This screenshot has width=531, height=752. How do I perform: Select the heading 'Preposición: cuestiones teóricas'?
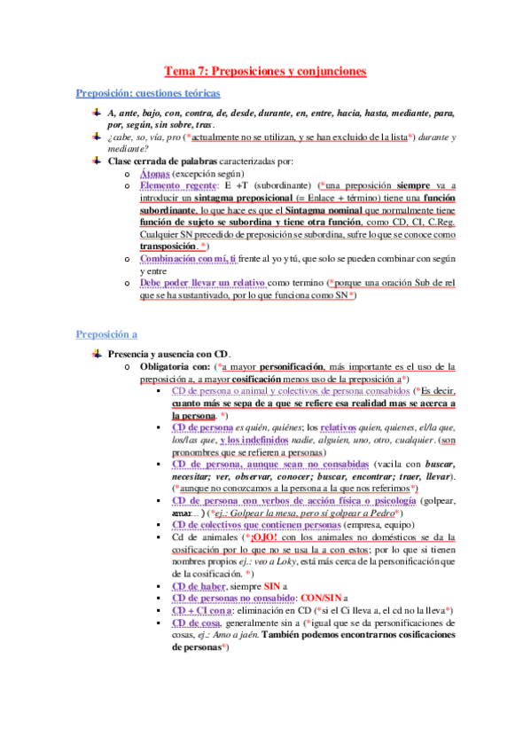(x=148, y=93)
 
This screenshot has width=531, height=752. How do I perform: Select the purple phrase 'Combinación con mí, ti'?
(x=189, y=257)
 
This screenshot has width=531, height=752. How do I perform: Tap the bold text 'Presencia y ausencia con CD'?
(x=167, y=354)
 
